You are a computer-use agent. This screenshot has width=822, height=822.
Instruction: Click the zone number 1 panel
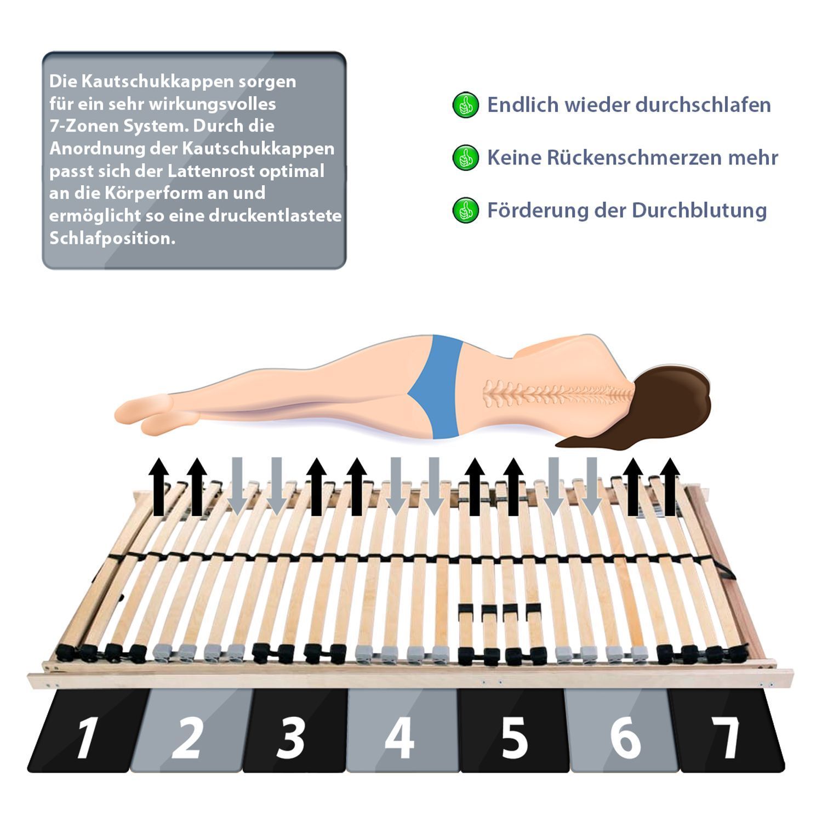click(88, 730)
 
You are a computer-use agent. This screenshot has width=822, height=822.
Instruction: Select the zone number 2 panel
click(192, 730)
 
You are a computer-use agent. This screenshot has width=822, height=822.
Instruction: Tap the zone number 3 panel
click(296, 730)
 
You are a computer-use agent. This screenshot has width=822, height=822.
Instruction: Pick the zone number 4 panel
click(402, 730)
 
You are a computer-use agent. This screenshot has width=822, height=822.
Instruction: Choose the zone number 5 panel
click(513, 730)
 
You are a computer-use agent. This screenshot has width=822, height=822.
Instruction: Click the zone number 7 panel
click(726, 730)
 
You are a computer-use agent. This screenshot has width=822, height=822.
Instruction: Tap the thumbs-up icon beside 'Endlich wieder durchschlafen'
click(466, 105)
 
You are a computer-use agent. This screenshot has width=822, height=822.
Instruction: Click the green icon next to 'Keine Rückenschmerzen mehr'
click(466, 158)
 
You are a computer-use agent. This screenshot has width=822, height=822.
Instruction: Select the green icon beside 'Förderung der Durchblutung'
click(466, 210)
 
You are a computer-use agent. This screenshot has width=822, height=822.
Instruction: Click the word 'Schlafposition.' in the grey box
click(112, 238)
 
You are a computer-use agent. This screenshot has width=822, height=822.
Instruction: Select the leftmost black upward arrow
click(159, 487)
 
